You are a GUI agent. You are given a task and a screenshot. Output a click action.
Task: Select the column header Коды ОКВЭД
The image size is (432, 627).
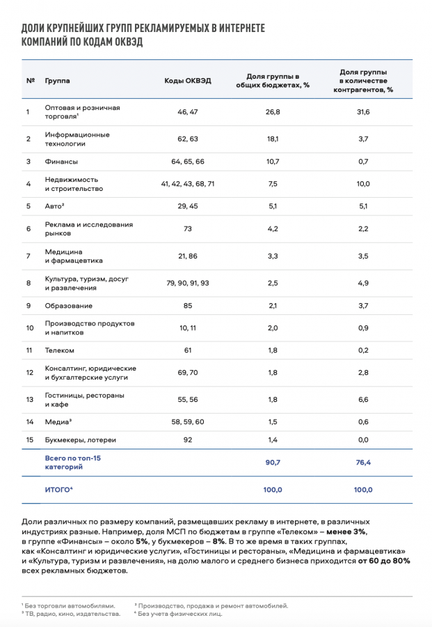coord(188,80)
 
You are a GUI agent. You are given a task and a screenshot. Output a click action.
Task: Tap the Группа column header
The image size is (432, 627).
coord(57,80)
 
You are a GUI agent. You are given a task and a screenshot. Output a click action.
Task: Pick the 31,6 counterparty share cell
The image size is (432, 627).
coord(363,111)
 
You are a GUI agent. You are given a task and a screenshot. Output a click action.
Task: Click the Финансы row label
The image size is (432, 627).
coord(61,162)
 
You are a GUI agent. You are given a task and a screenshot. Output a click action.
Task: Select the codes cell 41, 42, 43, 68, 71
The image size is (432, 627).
coord(188,184)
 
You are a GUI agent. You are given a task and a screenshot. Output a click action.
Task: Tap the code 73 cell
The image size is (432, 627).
coord(188,229)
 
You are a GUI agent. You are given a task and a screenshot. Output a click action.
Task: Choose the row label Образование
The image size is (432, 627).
coord(69,306)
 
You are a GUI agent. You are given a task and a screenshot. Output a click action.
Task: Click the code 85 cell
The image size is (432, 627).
coord(188,306)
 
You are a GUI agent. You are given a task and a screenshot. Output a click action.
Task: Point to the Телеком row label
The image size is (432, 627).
coord(59,350)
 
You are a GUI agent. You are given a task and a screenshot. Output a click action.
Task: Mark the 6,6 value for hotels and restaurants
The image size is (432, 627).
coord(363,400)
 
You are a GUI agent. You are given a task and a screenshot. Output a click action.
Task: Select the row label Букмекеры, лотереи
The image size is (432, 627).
coord(80,440)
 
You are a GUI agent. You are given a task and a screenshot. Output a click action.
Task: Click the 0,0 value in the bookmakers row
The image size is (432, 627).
coord(363,440)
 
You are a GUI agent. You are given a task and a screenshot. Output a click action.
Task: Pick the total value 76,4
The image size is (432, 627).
coord(363,463)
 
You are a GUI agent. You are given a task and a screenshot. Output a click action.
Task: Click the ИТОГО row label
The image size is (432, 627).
coord(59,490)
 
